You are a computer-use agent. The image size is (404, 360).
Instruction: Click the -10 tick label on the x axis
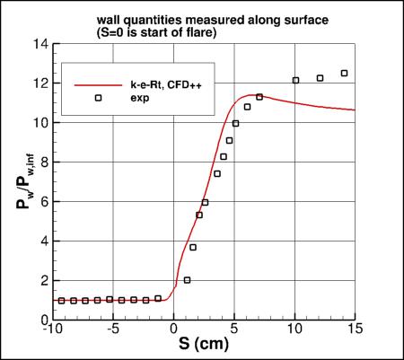point(52,329)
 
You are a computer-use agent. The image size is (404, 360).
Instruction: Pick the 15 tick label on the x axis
point(356,329)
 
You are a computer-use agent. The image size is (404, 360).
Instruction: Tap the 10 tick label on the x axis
point(295,329)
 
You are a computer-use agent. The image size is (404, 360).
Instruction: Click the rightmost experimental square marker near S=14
point(344,74)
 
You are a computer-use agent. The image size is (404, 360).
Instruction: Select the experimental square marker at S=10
point(295,80)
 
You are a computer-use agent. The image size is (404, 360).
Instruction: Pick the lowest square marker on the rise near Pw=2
point(187,280)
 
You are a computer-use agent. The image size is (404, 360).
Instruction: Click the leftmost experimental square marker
point(61,301)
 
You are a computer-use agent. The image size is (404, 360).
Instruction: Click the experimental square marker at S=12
point(320,78)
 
